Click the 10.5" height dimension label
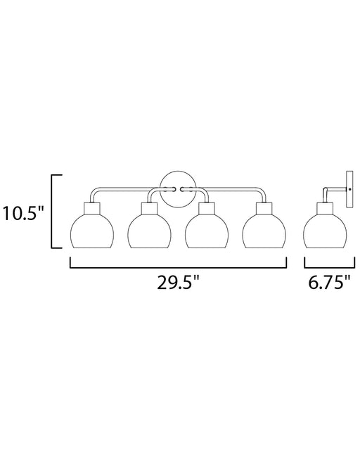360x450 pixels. (23, 214)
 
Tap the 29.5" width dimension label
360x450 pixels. (178, 283)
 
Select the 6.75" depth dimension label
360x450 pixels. (330, 283)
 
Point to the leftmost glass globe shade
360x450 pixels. (92, 231)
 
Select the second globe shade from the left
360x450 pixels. (149, 231)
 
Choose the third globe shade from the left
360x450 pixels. (207, 231)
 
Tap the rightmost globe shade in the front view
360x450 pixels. (264, 231)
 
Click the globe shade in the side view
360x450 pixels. (325, 231)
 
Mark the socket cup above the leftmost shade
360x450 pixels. (92, 208)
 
